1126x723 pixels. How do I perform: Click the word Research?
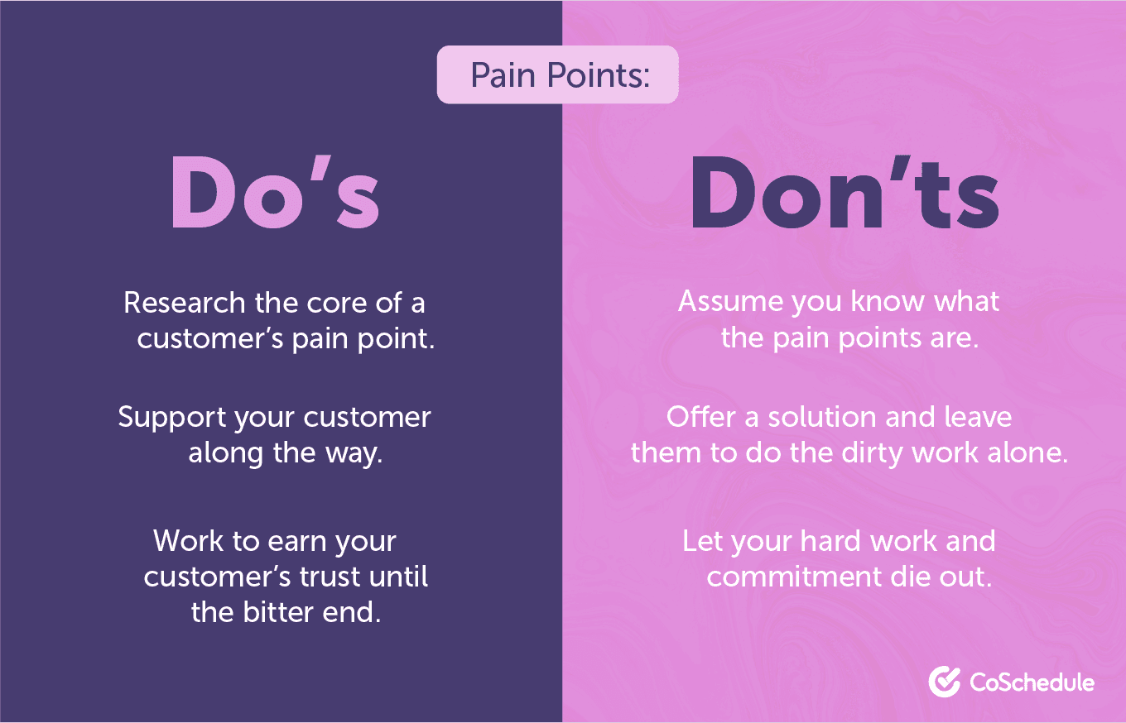185,303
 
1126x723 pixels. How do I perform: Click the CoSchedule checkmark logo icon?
944,682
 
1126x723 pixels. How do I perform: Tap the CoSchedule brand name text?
1032,682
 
